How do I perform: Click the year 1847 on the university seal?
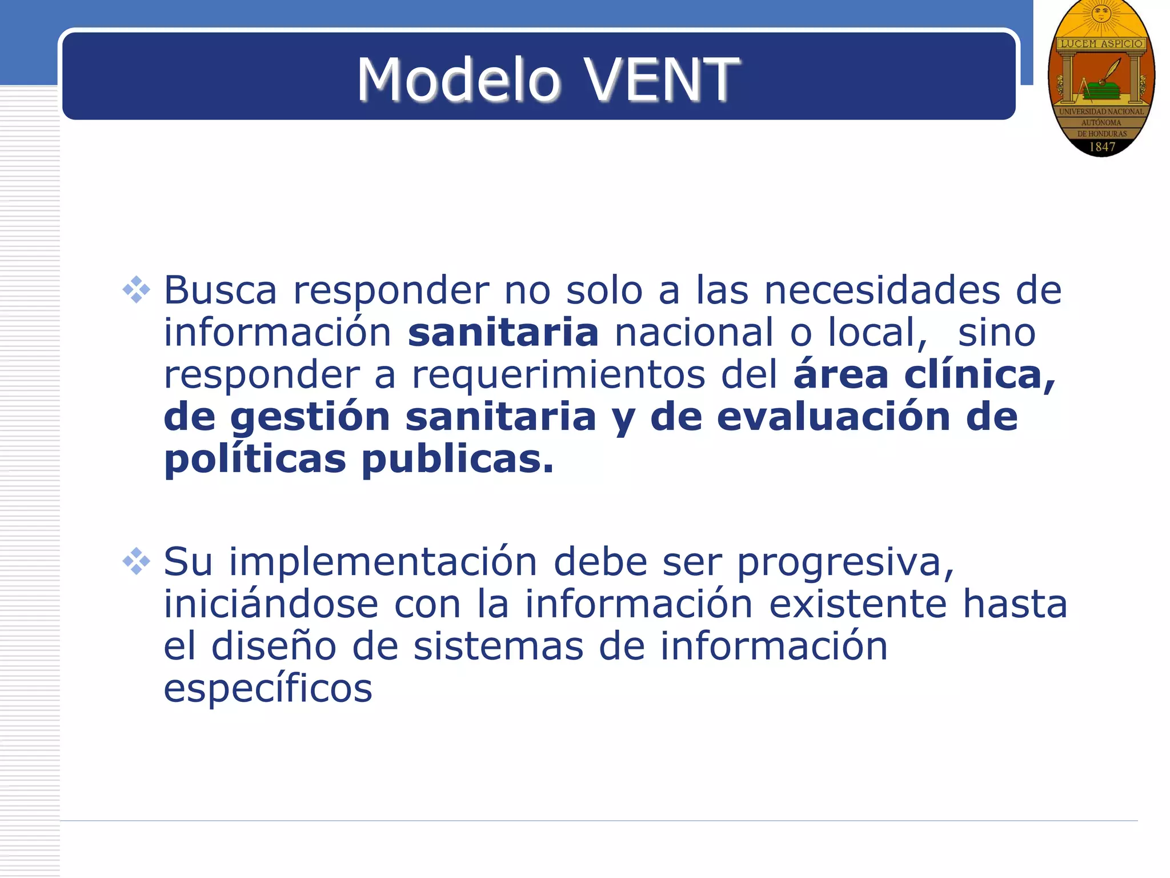tap(1102, 147)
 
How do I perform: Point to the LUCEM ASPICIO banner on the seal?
tap(1101, 43)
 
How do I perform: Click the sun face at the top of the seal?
tap(1101, 13)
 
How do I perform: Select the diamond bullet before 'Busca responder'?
tap(136, 290)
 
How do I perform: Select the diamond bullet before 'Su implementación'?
tap(136, 561)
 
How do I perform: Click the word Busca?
tap(221, 290)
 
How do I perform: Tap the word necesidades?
tap(882, 290)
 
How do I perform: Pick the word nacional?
tap(694, 333)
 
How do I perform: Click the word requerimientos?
tap(558, 375)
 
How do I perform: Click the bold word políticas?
tap(255, 460)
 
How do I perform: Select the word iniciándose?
tap(271, 604)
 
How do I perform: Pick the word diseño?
tap(274, 646)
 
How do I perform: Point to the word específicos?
tap(268, 689)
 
